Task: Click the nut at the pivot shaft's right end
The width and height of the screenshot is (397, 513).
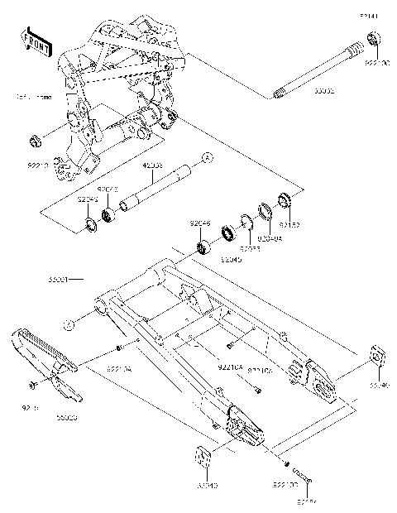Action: (x=373, y=37)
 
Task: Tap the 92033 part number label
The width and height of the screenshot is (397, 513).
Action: (x=250, y=247)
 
